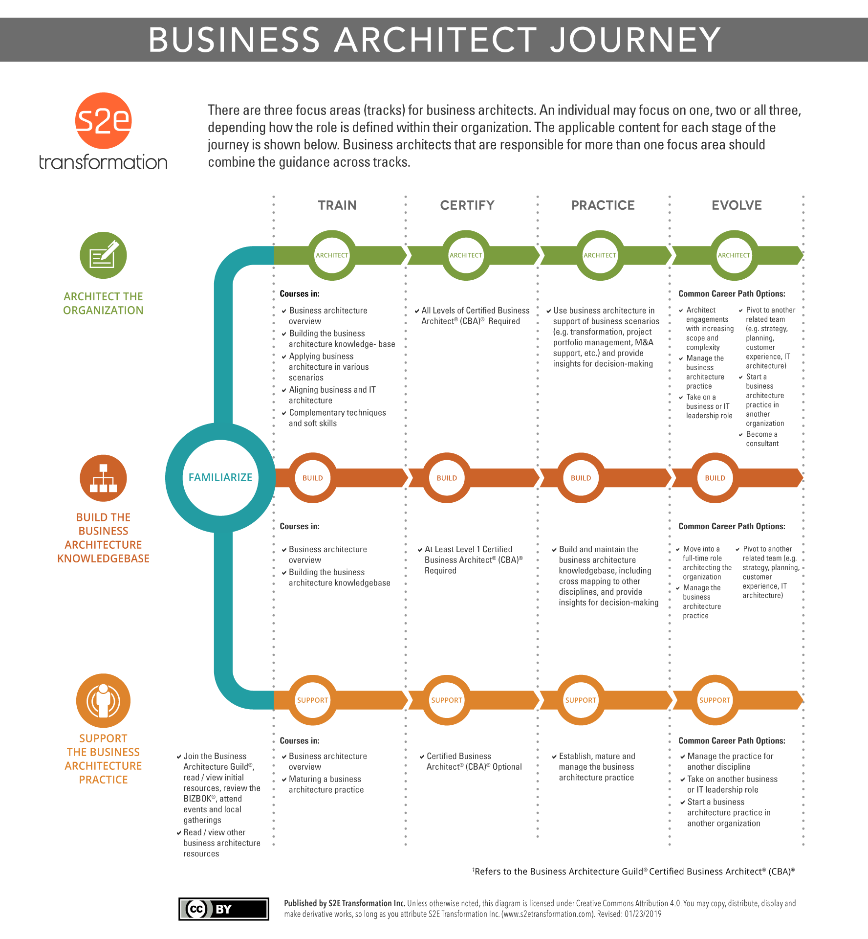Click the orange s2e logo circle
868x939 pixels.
pos(103,120)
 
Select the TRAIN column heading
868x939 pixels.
pos(337,205)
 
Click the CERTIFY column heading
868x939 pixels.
pos(467,205)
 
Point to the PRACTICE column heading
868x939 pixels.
pos(603,205)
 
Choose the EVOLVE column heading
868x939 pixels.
pos(737,205)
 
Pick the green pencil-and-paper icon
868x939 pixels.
pos(103,255)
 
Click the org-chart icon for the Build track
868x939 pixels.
pos(103,478)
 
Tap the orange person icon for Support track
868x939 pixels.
pos(103,700)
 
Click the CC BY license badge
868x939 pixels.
pos(224,909)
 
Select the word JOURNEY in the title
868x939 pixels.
pos(635,40)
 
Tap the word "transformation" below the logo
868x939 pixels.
pos(103,162)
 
